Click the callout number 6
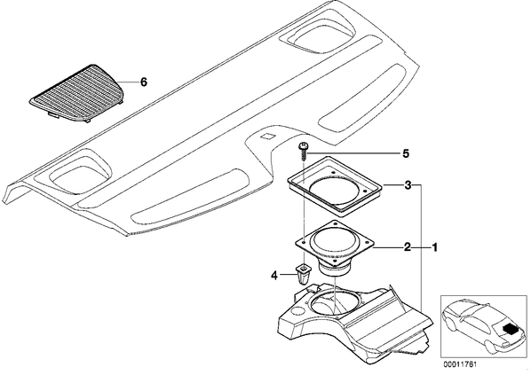tap(144, 82)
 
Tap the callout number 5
tap(406, 154)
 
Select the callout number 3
tap(408, 185)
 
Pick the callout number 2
tap(408, 247)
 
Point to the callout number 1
tap(434, 247)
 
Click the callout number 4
tap(274, 276)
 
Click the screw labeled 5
tap(303, 152)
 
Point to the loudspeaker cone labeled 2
tap(334, 242)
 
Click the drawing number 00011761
tap(460, 365)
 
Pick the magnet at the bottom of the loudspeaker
tap(334, 270)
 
